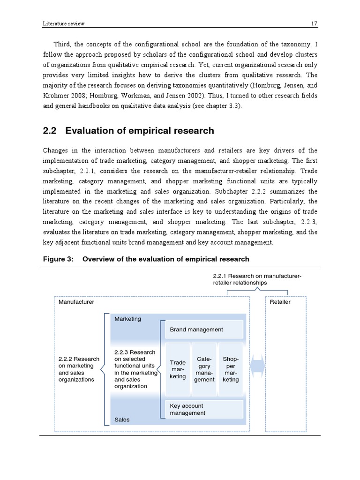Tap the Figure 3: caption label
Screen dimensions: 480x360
click(x=59, y=259)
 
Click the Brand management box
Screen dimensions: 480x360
click(x=204, y=330)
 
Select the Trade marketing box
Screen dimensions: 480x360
click(x=178, y=369)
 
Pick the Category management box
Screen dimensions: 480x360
click(x=204, y=369)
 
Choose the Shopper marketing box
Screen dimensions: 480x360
click(x=231, y=369)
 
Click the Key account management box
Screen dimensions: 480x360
click(x=204, y=409)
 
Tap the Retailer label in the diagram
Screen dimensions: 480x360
click(x=280, y=302)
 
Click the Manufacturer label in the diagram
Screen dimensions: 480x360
click(x=76, y=302)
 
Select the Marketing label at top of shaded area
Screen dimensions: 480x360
click(x=127, y=319)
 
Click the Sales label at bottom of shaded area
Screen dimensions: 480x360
click(x=122, y=420)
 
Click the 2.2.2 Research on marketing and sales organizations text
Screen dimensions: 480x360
click(x=79, y=369)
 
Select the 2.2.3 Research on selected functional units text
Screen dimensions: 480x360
click(x=135, y=369)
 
